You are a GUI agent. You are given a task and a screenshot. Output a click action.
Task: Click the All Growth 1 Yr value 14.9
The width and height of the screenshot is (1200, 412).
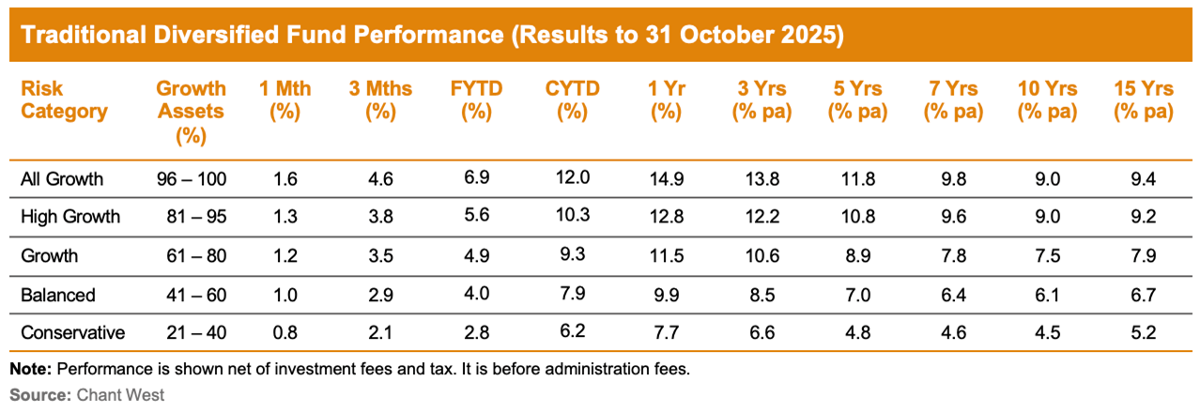click(x=665, y=178)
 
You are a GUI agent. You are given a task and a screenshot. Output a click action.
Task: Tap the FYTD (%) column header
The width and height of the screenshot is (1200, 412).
click(x=476, y=100)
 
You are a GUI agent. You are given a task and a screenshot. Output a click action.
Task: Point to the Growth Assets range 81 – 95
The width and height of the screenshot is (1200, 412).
click(x=192, y=217)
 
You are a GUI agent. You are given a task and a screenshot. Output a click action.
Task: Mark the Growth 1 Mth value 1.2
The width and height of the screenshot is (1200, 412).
click(x=285, y=256)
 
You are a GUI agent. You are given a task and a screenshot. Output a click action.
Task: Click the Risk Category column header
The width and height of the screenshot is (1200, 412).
click(x=64, y=100)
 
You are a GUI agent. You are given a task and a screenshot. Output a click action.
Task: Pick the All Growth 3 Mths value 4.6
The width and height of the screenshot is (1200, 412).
click(x=377, y=178)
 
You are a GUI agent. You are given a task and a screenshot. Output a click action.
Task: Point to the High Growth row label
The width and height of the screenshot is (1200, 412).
click(x=70, y=217)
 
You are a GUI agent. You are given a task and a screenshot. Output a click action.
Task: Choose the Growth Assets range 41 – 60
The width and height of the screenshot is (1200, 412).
click(x=192, y=295)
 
